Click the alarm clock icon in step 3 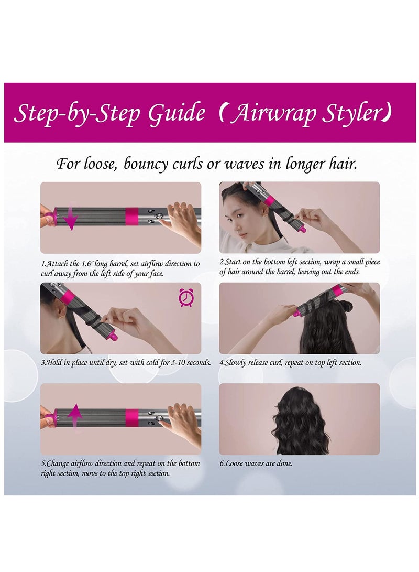point(185,298)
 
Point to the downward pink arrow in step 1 point(71,219)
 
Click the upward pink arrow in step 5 point(75,418)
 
